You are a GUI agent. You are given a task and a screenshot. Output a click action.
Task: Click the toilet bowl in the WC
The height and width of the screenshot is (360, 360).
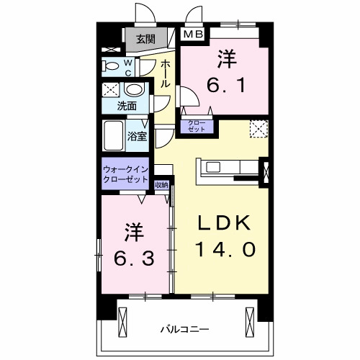point(112,66)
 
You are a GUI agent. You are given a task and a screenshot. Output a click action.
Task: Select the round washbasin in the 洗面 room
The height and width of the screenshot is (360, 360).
point(133,91)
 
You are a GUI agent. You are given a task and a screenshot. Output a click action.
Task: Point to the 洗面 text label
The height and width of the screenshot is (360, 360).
point(127,106)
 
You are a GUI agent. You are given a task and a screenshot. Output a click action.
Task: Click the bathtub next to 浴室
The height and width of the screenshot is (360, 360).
point(114,134)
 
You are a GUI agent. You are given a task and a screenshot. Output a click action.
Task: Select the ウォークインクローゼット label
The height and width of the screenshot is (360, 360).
point(126,174)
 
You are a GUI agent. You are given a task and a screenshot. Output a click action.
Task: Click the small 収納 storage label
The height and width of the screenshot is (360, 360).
point(162,185)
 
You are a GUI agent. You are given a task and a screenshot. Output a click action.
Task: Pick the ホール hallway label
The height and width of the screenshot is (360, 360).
point(166,73)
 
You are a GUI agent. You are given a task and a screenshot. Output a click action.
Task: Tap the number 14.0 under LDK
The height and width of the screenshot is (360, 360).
point(224,250)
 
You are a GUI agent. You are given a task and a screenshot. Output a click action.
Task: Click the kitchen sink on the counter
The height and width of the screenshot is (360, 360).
point(215,167)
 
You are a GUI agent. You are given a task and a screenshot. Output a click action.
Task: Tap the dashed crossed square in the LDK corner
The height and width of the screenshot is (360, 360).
point(258,128)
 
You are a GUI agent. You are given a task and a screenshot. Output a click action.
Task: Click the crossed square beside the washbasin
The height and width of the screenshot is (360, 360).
point(111,91)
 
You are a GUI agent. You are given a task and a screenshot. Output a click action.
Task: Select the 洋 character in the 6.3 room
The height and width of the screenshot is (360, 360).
point(132,232)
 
